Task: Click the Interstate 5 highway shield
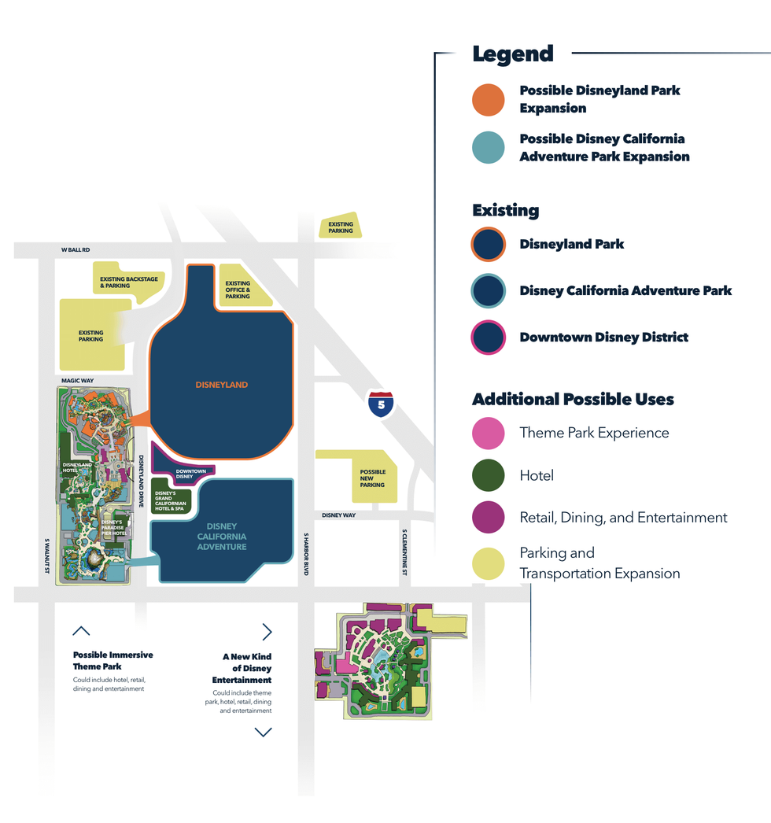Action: click(x=381, y=404)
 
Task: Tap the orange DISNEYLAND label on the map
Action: click(x=222, y=385)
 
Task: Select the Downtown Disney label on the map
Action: click(x=190, y=474)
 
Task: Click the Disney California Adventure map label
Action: click(x=222, y=537)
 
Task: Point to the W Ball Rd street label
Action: click(x=76, y=250)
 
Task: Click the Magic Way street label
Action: click(x=77, y=381)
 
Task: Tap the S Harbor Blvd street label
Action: click(x=306, y=554)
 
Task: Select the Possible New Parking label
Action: click(x=373, y=478)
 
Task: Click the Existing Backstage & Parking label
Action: click(x=129, y=282)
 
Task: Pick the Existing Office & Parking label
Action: click(x=238, y=290)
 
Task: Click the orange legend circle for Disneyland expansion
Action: click(x=488, y=100)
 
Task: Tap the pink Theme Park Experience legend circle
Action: click(x=488, y=434)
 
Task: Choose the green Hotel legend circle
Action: click(x=488, y=476)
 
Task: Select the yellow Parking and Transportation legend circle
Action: click(x=488, y=564)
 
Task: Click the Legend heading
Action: click(x=513, y=54)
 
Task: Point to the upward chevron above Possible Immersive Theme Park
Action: click(x=81, y=631)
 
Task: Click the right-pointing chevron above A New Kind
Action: click(x=267, y=632)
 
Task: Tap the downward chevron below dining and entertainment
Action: click(x=263, y=733)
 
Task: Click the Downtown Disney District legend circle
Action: click(x=488, y=338)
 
